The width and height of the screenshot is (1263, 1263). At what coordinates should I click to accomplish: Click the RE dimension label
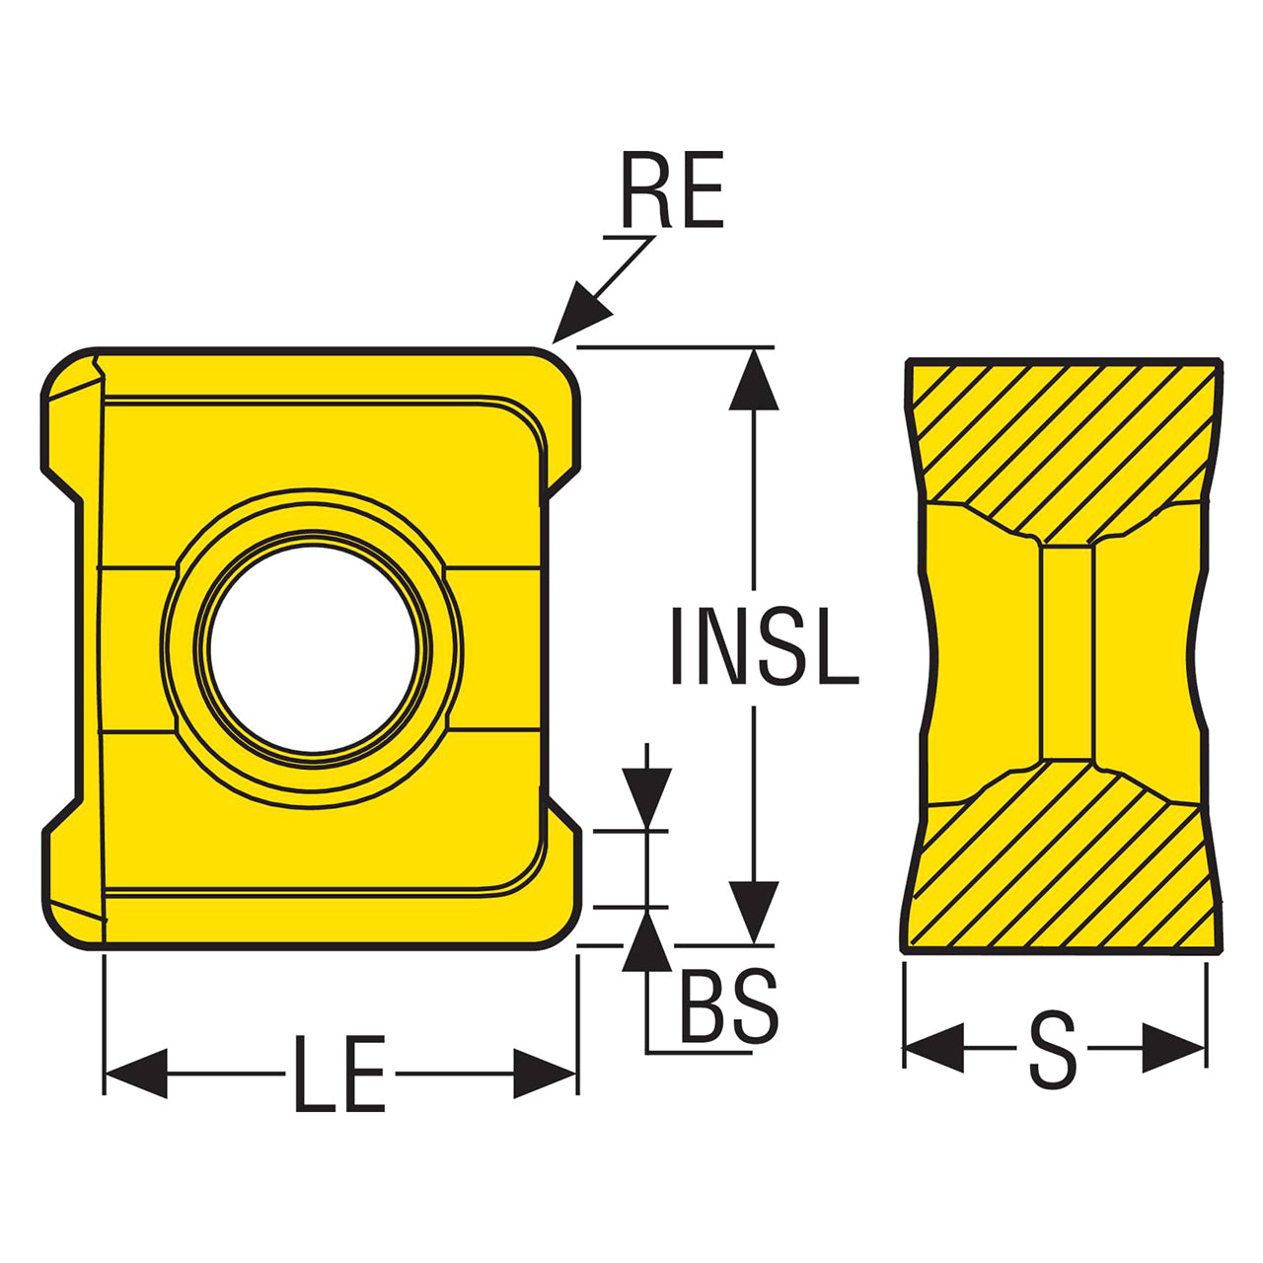click(673, 189)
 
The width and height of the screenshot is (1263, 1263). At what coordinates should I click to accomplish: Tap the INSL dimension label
click(765, 645)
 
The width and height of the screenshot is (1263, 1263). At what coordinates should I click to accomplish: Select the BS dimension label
click(729, 1006)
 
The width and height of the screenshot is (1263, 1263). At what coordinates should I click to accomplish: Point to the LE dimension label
click(339, 1074)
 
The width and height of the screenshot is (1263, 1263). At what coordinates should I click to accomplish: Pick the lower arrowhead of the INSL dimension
click(754, 913)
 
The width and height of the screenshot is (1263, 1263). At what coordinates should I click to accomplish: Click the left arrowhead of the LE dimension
click(135, 1074)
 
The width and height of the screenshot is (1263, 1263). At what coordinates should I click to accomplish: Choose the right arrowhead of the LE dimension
click(545, 1074)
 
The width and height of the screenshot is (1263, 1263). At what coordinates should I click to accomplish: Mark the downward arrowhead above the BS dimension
click(647, 797)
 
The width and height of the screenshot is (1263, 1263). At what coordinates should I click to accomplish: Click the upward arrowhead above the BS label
click(647, 940)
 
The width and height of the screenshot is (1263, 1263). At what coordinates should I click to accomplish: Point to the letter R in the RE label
click(646, 189)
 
